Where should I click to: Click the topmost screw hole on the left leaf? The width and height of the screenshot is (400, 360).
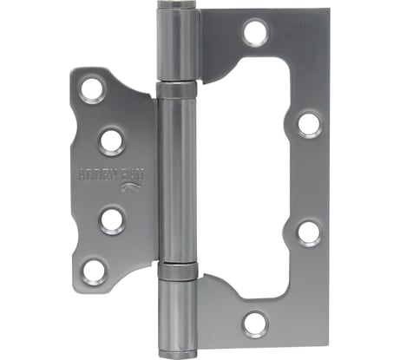click(x=92, y=88)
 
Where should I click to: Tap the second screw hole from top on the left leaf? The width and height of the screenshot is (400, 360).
click(x=111, y=139)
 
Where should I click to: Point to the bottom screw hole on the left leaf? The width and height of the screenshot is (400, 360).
click(x=93, y=268)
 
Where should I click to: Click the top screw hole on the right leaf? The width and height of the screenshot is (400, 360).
click(x=254, y=33)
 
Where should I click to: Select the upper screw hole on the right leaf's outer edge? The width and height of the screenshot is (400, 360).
click(x=309, y=122)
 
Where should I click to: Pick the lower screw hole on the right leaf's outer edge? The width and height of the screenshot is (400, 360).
click(x=309, y=232)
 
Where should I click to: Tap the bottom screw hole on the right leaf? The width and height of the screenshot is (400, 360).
click(x=255, y=324)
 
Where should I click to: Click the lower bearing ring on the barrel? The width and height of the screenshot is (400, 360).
click(x=179, y=268)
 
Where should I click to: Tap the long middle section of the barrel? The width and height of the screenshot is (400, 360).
click(x=179, y=178)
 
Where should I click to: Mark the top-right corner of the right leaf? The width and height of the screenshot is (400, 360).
click(x=328, y=13)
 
